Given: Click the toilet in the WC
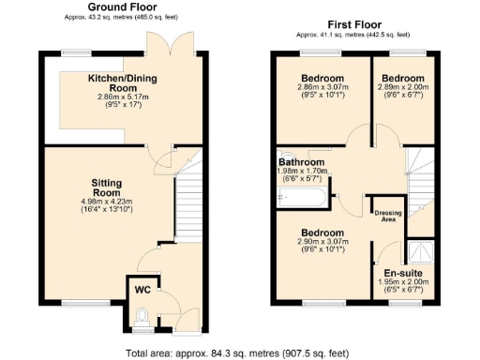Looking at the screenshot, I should (x=142, y=321).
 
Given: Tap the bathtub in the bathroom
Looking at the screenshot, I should (x=302, y=198).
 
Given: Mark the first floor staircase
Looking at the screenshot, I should (x=418, y=178).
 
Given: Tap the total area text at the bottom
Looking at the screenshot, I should (x=238, y=353).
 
